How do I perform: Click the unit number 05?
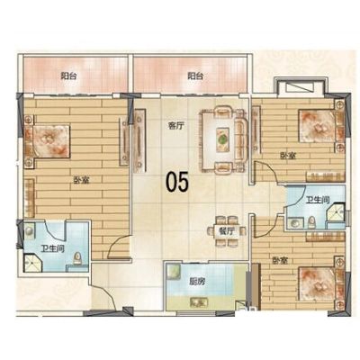point(177,182)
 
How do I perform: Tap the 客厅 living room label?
point(175,126)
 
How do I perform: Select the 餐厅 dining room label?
point(227,231)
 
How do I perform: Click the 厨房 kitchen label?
point(197,282)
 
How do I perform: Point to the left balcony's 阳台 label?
point(68,76)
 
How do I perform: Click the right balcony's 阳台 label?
point(195,76)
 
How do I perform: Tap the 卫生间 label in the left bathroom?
point(53,248)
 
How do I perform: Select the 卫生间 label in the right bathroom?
point(318,200)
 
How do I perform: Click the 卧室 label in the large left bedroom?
point(81,180)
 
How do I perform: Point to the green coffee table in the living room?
point(222,139)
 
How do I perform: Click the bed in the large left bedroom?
point(48,140)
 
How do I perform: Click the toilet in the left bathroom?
point(77,258)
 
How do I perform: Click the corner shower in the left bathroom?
point(32,263)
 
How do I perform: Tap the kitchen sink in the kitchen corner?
point(174,271)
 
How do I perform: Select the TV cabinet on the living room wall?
point(139,140)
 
